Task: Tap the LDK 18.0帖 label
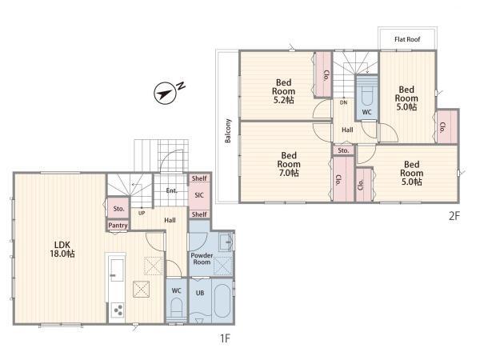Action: click(x=62, y=249)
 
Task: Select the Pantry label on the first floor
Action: click(x=118, y=226)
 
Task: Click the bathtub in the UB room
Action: click(x=222, y=301)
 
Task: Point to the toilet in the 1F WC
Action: click(x=176, y=307)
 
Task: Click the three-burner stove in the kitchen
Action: click(x=118, y=310)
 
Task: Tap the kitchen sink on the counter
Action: click(x=117, y=270)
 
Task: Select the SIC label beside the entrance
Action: click(x=199, y=195)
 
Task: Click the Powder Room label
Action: click(x=202, y=258)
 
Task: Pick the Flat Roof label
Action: click(x=407, y=39)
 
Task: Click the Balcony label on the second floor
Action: click(x=228, y=130)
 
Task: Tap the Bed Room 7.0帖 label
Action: click(x=289, y=164)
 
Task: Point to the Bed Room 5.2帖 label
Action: click(x=283, y=91)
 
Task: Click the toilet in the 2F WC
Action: click(x=366, y=96)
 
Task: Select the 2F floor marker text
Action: click(x=454, y=216)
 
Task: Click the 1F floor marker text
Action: click(x=225, y=338)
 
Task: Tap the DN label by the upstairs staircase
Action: click(x=343, y=102)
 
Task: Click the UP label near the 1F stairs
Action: click(x=142, y=213)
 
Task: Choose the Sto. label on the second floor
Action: click(x=343, y=150)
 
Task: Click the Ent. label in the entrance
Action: click(x=171, y=190)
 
